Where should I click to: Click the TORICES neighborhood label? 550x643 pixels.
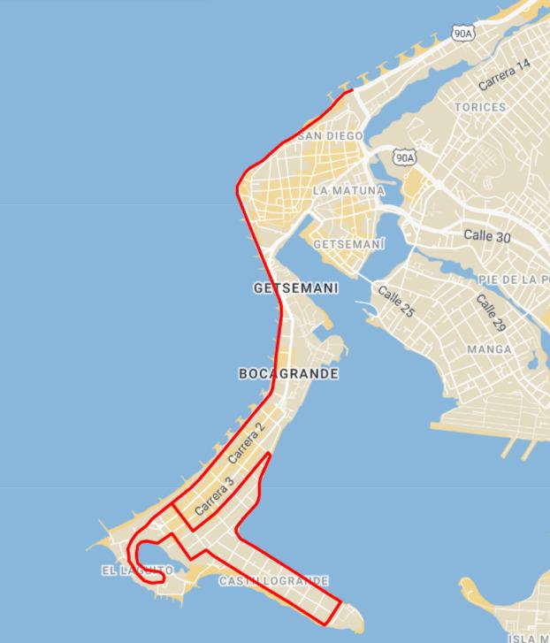[x=480, y=107]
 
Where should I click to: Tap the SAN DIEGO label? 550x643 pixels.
[x=331, y=135]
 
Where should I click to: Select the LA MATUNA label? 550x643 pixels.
[x=348, y=190]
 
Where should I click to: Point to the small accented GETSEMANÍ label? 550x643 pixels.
[x=349, y=243]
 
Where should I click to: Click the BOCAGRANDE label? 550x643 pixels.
[x=288, y=374]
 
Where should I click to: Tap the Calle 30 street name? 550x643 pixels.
[x=487, y=236]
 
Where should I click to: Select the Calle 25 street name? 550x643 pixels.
[x=395, y=302]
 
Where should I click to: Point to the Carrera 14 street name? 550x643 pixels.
[x=505, y=75]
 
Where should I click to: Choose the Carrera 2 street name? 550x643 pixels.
[x=246, y=444]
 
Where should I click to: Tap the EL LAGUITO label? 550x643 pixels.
[x=137, y=570]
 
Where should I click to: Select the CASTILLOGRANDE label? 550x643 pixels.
[x=273, y=581]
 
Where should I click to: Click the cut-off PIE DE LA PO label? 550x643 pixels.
[x=514, y=279]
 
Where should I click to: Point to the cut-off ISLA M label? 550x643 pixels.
[x=528, y=638]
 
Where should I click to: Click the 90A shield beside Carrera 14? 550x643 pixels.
[x=462, y=33]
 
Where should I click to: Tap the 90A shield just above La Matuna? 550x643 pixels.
[x=404, y=157]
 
